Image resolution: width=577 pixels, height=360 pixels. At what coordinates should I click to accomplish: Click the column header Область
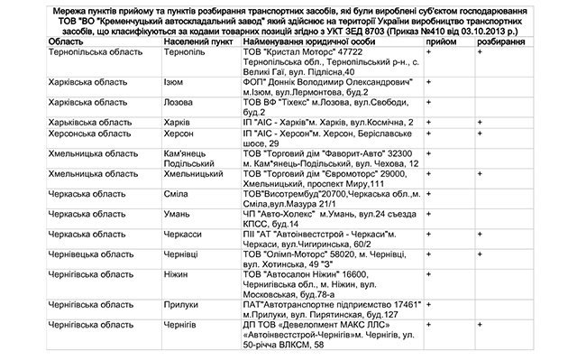tap(67, 42)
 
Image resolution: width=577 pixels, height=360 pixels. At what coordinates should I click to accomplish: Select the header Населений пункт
tap(199, 42)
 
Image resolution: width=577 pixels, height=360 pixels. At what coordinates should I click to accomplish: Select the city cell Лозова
tap(180, 103)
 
